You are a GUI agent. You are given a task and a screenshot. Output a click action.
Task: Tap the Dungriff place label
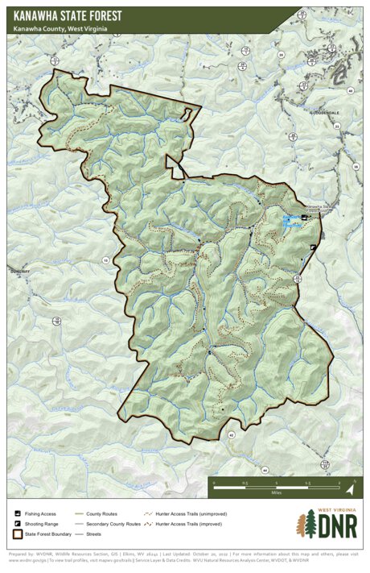tap(18, 272)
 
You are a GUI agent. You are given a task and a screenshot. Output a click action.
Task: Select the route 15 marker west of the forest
tap(105, 260)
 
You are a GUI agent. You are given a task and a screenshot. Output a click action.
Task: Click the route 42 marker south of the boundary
tap(232, 434)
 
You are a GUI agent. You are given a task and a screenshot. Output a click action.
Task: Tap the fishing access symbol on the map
tap(303, 218)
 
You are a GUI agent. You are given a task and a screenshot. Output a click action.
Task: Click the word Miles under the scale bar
tap(276, 493)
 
